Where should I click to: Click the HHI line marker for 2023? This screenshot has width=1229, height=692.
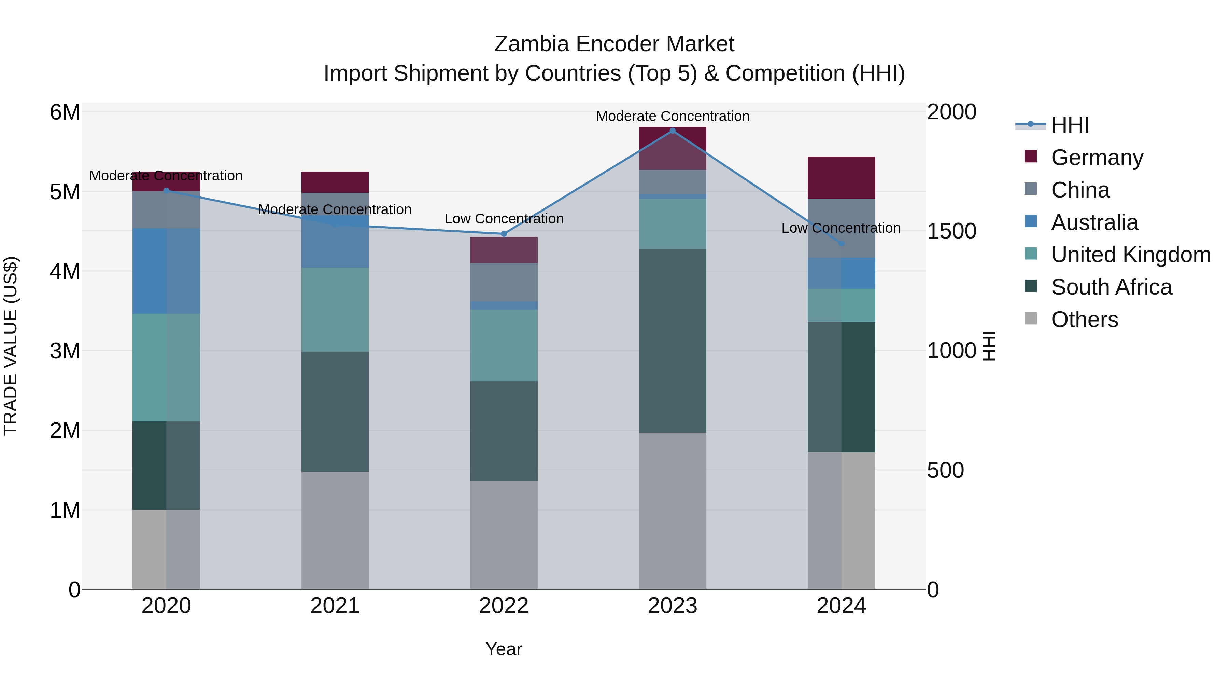672,131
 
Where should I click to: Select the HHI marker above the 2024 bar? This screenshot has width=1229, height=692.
841,244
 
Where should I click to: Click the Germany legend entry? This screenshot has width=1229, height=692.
1096,158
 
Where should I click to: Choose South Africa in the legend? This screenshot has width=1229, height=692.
1111,287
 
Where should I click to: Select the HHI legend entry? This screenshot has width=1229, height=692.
1070,125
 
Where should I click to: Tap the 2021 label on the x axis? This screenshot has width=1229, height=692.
335,606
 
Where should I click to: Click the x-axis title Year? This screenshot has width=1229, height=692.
503,649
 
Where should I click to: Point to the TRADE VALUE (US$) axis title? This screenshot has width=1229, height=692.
11,346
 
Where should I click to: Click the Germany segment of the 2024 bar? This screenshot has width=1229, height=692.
841,178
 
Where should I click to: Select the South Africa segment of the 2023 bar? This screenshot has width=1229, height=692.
672,340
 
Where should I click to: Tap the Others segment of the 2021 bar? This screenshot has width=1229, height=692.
335,530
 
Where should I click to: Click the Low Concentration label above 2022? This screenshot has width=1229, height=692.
504,219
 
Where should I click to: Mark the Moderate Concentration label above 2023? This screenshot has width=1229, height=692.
672,116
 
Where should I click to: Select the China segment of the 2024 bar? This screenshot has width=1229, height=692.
841,228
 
